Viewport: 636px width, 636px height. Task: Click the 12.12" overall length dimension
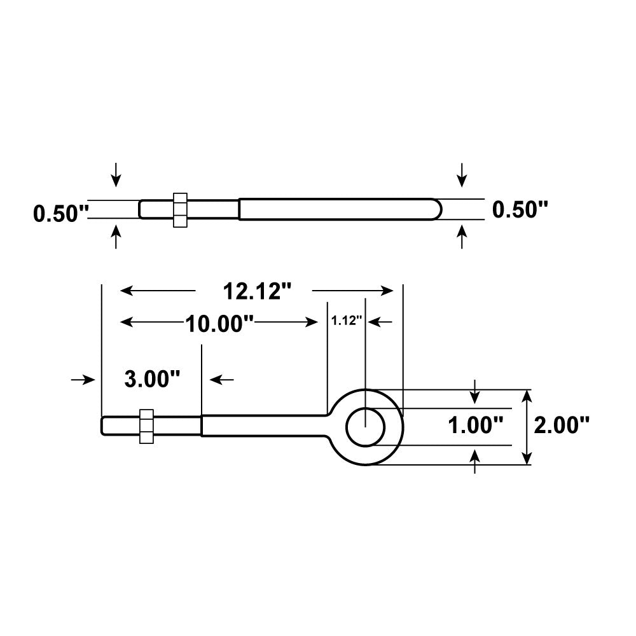[256, 291]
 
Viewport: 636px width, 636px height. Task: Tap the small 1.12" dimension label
[347, 321]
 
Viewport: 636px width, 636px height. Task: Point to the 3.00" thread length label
[152, 380]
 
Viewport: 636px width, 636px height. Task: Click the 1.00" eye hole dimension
[476, 425]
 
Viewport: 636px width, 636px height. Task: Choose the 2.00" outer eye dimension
[562, 425]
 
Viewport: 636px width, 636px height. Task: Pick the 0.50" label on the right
[520, 209]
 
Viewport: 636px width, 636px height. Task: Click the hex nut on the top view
[180, 209]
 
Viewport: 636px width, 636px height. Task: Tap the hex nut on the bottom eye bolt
[146, 426]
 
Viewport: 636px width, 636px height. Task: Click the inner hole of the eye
[365, 427]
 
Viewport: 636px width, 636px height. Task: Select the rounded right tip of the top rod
[435, 209]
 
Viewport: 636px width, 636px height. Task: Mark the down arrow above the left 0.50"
[115, 174]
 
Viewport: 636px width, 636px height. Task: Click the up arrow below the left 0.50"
[115, 238]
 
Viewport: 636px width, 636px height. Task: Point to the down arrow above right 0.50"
[462, 174]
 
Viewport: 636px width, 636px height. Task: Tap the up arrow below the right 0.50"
[462, 237]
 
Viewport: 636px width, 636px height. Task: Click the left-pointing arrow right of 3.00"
[221, 380]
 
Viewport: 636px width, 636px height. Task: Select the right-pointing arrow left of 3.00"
[83, 380]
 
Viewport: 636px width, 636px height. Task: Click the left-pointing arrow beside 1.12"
[380, 322]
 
